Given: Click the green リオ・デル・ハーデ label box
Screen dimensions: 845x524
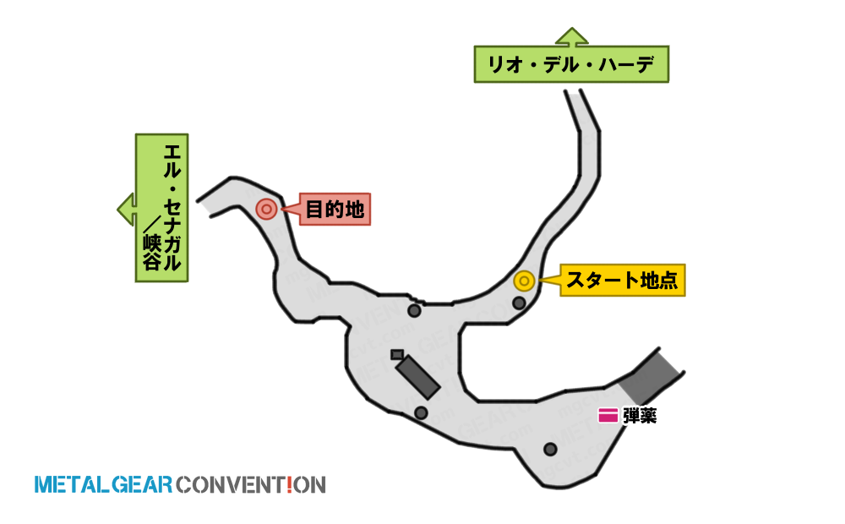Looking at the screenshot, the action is pyautogui.click(x=571, y=64).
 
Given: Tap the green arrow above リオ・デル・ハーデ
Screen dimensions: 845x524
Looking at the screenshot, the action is pyautogui.click(x=572, y=36).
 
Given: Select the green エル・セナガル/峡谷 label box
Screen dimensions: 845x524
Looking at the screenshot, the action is pyautogui.click(x=161, y=208).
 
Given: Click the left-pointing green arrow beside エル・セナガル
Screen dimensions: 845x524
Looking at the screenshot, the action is pyautogui.click(x=127, y=209).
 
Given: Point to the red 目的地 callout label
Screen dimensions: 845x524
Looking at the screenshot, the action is pyautogui.click(x=334, y=209).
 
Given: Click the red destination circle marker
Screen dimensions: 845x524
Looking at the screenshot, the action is pyautogui.click(x=266, y=209).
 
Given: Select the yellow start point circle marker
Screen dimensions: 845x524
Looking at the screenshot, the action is pyautogui.click(x=525, y=281).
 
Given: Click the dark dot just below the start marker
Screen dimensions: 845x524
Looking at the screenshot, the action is pyautogui.click(x=519, y=303).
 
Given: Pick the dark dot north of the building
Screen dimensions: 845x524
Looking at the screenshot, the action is pyautogui.click(x=414, y=310).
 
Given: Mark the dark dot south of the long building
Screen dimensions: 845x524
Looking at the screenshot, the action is pyautogui.click(x=421, y=413).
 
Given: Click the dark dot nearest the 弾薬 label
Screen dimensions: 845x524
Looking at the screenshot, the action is pyautogui.click(x=550, y=449).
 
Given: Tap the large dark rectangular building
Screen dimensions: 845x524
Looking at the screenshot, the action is pyautogui.click(x=417, y=377).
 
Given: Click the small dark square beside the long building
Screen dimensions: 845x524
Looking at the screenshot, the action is pyautogui.click(x=397, y=354).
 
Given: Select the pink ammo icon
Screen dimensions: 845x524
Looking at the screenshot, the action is pyautogui.click(x=608, y=416).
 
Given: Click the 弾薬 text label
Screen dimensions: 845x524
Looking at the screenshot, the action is pyautogui.click(x=640, y=416).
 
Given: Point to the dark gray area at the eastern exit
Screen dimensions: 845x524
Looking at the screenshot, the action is pyautogui.click(x=650, y=376).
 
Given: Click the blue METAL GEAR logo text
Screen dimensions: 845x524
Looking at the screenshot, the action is pyautogui.click(x=103, y=484).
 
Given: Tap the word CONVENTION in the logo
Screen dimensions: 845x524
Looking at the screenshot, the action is pyautogui.click(x=251, y=484).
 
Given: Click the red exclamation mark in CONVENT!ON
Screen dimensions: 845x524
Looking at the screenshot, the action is pyautogui.click(x=289, y=484).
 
